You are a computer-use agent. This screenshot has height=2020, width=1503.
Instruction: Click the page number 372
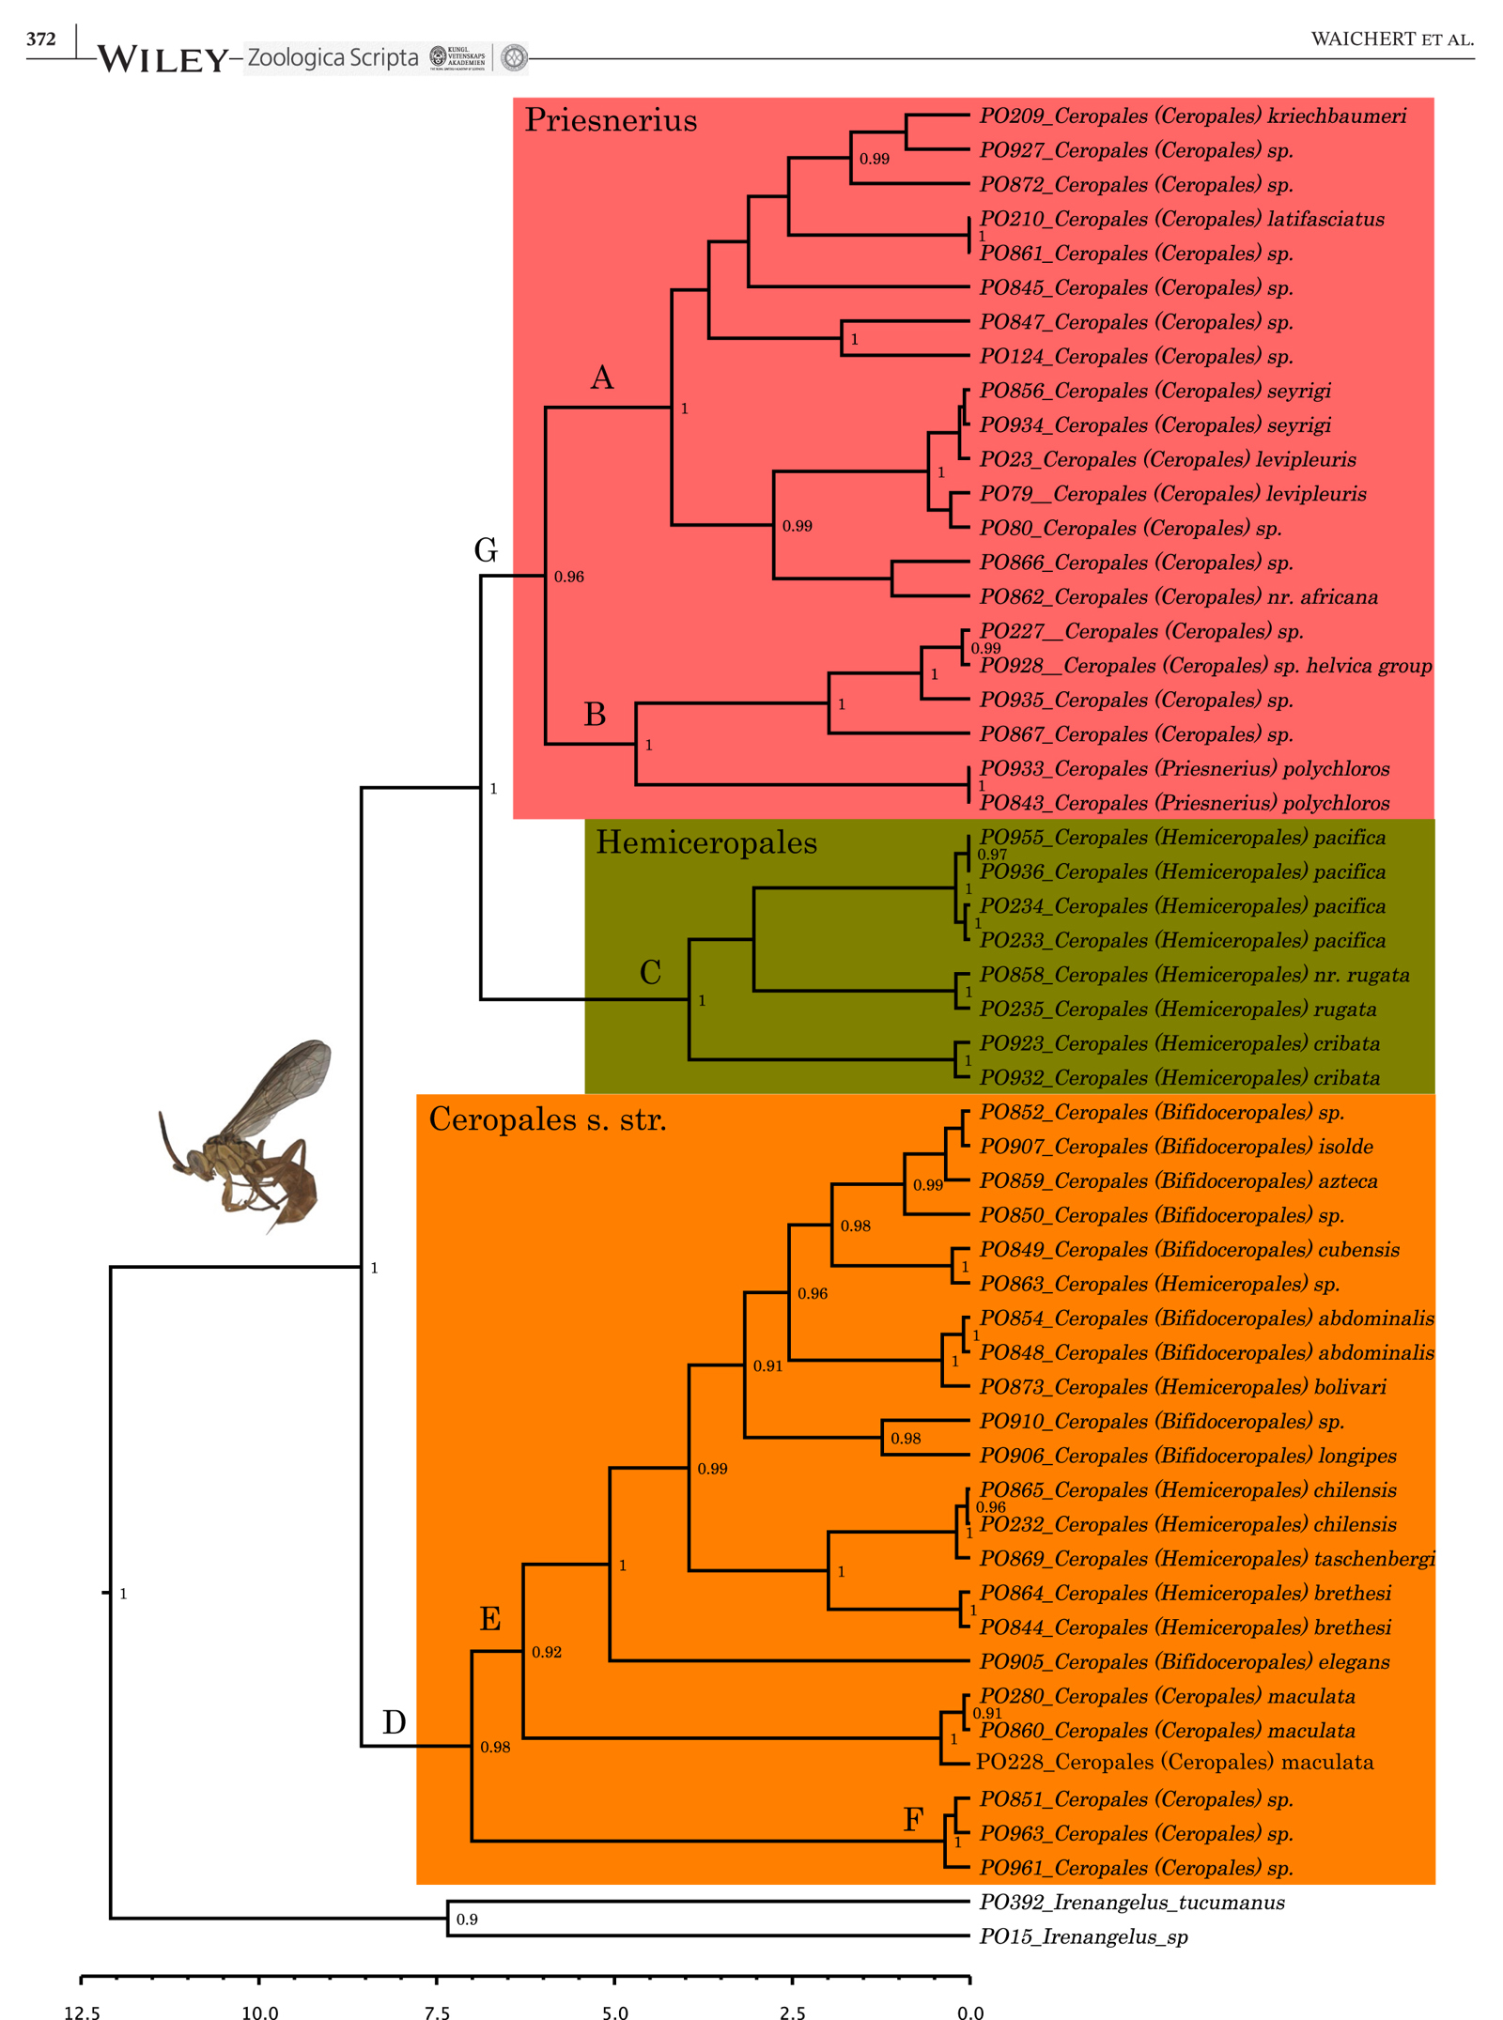point(40,39)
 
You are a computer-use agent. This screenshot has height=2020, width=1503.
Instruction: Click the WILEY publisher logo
point(162,59)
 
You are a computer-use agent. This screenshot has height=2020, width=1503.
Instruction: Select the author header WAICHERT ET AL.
point(1391,39)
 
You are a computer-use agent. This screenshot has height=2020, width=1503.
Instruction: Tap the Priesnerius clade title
point(611,120)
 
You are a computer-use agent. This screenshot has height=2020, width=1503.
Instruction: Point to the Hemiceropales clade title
point(705,842)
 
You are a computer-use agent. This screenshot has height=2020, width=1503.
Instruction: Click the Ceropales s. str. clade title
point(547,1118)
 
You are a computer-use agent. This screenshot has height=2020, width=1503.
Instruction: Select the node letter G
point(486,549)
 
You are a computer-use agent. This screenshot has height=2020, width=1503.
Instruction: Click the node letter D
point(394,1721)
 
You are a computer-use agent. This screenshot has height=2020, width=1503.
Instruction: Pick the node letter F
point(912,1819)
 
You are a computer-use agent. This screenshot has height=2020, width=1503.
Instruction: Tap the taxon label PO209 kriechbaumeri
point(1192,116)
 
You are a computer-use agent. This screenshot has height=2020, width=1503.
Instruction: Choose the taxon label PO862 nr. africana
point(1178,596)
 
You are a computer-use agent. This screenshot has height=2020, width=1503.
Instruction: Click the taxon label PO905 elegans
point(1184,1661)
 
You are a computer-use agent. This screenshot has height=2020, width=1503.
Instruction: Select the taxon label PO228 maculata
point(1174,1762)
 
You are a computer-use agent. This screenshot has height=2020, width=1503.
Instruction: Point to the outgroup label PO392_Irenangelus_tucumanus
point(1131,1902)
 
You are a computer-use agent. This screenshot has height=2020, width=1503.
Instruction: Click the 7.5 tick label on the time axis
point(437,2012)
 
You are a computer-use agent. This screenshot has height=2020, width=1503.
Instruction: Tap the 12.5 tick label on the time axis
point(82,2012)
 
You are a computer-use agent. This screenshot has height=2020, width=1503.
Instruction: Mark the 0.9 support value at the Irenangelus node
point(467,1920)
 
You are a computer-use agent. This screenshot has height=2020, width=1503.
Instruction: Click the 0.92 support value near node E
point(547,1652)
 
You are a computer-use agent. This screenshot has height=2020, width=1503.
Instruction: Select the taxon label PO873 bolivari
point(1183,1386)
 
